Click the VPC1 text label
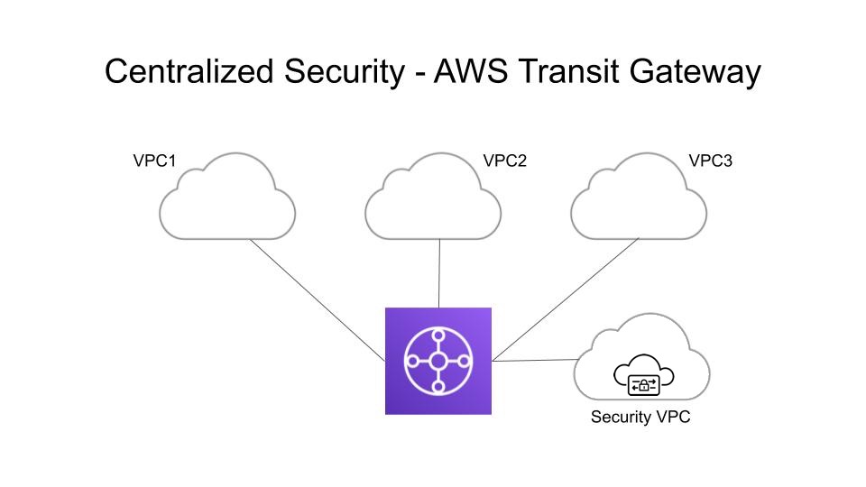153,162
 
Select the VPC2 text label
505,162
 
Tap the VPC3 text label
710,162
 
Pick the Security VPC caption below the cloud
640,418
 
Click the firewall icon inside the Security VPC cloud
642,380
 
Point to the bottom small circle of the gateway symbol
438,387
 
